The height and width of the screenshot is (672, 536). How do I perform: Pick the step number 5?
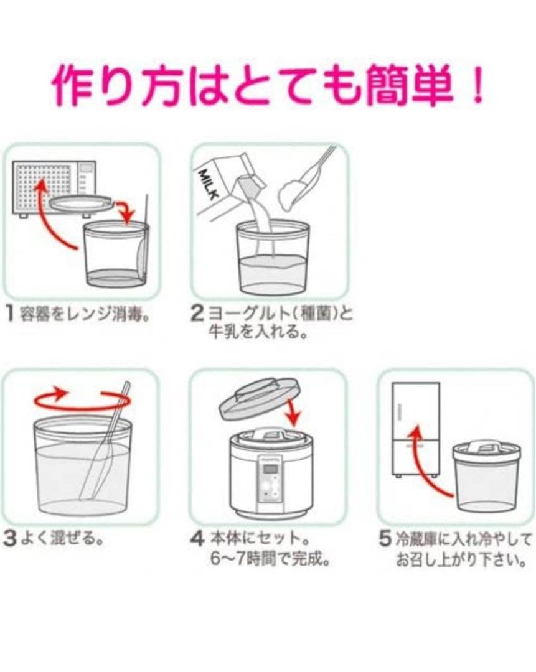385,539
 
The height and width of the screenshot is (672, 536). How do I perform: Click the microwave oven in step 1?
53,188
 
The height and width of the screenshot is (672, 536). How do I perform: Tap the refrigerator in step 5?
416,430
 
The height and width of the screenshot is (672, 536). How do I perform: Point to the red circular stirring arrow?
82,399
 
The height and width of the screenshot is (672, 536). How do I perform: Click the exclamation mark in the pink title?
476,85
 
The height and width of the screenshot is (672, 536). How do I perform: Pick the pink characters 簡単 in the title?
411,85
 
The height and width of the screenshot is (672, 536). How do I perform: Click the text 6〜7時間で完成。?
270,559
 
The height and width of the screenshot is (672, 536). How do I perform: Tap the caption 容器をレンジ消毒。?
85,314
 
